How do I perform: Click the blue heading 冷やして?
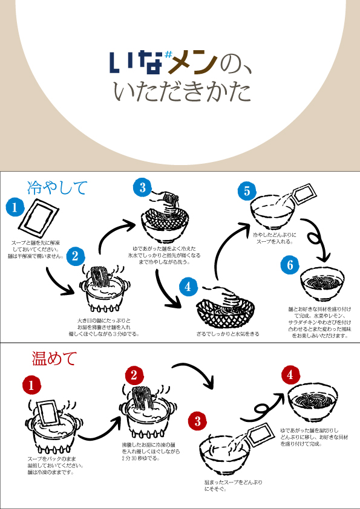pos(57,187)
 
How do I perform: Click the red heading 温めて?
pos(54,358)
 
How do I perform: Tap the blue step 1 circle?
pos(14,208)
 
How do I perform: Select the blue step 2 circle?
pos(74,255)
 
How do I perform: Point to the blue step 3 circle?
pos(142,188)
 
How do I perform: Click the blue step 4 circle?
pos(188,287)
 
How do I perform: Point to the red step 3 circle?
pos(198,420)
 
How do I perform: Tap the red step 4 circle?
pos(290,375)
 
